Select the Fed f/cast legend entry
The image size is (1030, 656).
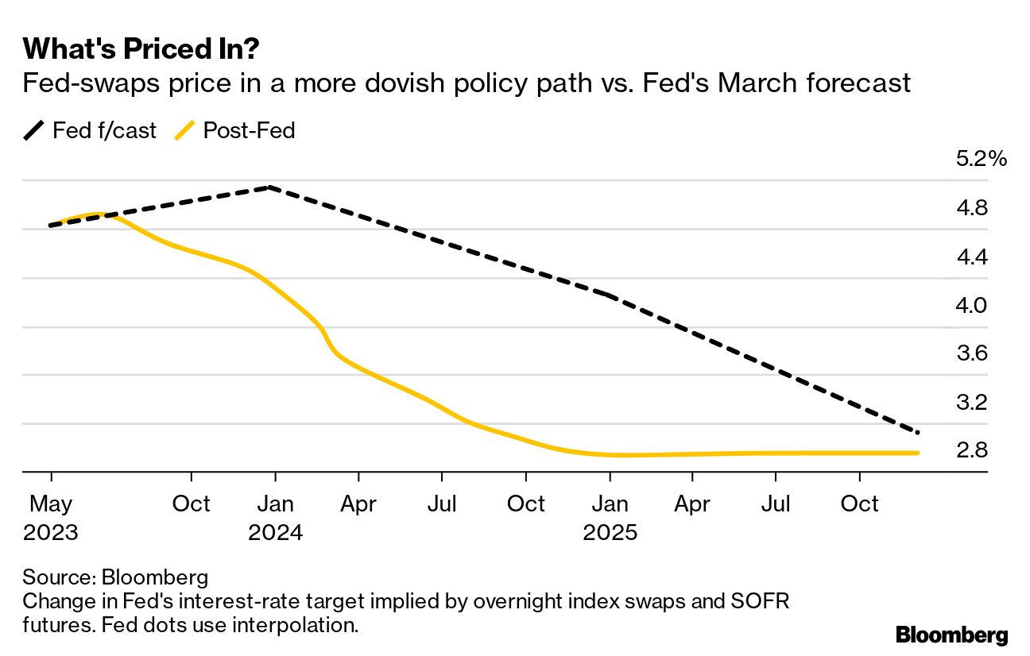(90, 130)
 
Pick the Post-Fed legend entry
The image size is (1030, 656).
(235, 130)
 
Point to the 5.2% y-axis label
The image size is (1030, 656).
(981, 160)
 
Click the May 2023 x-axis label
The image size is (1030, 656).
(51, 517)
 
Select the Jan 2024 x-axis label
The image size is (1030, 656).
(275, 517)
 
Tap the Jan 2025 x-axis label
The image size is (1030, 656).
(610, 517)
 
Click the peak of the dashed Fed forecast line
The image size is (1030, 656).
(270, 187)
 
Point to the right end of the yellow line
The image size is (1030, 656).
(918, 453)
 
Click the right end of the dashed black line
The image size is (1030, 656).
(918, 433)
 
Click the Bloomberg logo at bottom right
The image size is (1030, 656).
(951, 635)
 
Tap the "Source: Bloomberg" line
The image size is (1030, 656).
(115, 576)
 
